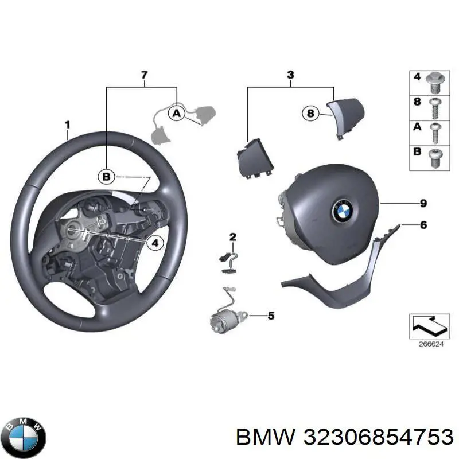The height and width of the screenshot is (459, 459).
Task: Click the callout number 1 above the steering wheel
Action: [x=67, y=124]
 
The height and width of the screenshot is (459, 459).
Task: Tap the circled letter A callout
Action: [x=177, y=114]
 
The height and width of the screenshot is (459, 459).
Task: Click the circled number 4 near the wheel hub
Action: [x=154, y=243]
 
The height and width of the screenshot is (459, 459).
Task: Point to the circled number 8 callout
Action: [x=310, y=114]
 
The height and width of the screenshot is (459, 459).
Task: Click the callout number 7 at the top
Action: [x=145, y=75]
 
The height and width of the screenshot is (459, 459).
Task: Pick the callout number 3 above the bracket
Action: [x=290, y=75]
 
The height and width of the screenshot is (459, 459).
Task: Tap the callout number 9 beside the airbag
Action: [x=423, y=203]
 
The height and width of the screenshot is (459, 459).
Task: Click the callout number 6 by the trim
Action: [x=423, y=225]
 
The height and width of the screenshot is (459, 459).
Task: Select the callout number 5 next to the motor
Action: [x=271, y=315]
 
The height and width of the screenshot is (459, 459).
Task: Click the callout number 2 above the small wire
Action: [x=233, y=236]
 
